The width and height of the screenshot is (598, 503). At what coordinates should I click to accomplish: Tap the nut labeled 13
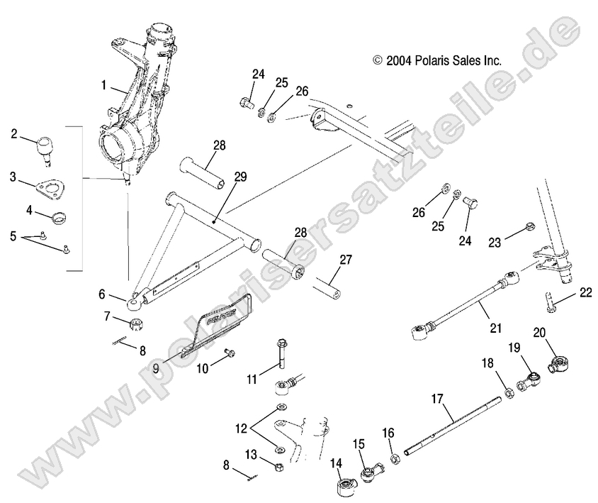(x=278, y=468)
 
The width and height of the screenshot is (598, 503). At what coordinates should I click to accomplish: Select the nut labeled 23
(x=529, y=228)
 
